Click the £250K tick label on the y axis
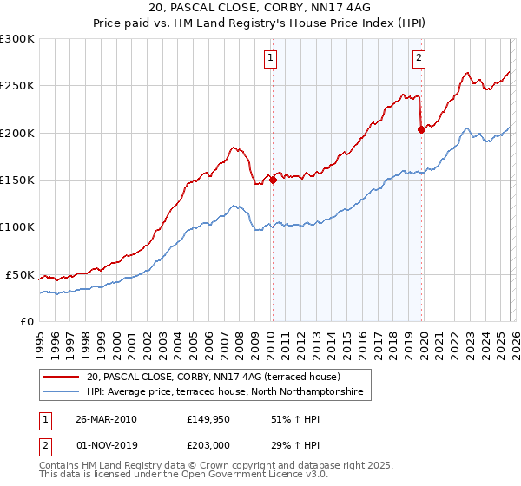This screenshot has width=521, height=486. tap(17, 86)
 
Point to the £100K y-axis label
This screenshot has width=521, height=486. tap(17, 227)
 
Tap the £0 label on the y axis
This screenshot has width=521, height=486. tap(26, 321)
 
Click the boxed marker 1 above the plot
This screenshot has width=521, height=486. tap(271, 58)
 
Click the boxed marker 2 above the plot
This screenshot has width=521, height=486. tap(419, 58)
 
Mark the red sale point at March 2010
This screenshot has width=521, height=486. tap(273, 181)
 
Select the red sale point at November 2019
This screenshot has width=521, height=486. tap(421, 130)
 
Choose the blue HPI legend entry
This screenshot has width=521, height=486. tap(228, 392)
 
